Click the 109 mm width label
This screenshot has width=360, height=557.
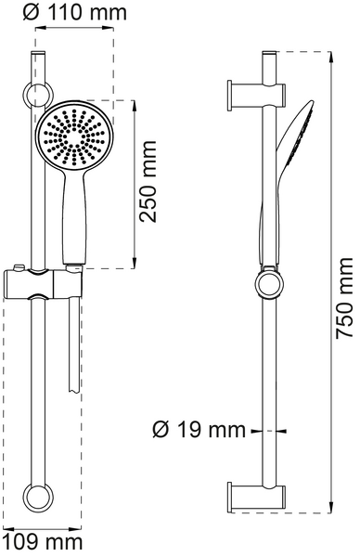42,541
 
